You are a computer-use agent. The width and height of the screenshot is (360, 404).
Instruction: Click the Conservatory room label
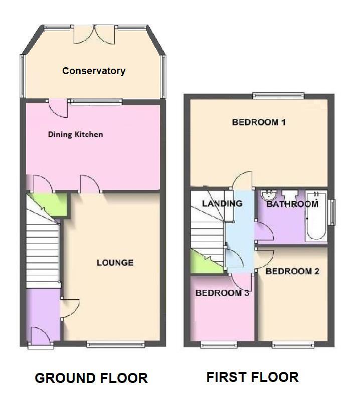pos(94,71)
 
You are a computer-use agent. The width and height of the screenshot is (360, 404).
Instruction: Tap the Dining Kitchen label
pos(75,134)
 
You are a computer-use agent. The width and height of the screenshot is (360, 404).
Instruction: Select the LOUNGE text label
pos(115,263)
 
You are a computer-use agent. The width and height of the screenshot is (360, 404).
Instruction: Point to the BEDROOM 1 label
pos(258,122)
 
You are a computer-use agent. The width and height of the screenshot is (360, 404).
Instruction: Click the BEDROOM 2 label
pos(292,271)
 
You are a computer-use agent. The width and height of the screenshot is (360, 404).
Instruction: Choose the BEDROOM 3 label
pos(222,293)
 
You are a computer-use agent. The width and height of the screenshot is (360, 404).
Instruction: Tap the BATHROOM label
pos(292,204)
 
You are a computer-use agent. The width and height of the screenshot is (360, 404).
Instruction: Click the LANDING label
pos(222,204)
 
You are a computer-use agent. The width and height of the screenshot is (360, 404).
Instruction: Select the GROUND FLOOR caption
pos(91,378)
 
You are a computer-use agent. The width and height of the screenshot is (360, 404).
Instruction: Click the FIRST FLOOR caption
pos(252,377)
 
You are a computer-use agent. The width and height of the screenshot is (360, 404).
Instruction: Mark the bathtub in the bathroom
pos(316,216)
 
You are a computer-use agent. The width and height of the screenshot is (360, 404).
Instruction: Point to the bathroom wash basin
pos(269,195)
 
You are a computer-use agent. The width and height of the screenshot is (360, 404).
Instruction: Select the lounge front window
pos(116,344)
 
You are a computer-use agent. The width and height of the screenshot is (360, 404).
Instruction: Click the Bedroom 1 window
pos(278,95)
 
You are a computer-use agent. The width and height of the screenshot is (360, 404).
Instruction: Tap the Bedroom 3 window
pos(218,344)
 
